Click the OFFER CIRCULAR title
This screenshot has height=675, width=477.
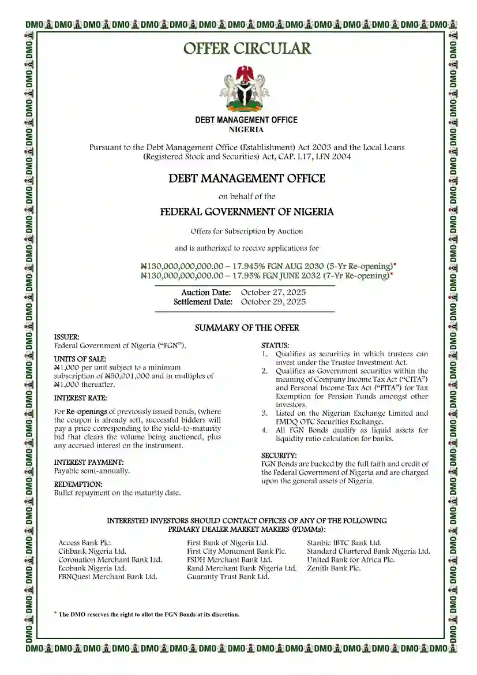247,49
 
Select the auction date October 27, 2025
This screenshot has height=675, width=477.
273,293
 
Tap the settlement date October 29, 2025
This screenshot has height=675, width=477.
273,302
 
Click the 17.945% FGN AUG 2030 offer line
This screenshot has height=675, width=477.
268,266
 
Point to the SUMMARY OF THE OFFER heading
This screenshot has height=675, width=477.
247,328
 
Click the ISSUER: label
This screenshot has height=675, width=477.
67,337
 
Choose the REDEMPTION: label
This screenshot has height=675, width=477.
78,484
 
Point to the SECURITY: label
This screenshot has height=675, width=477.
279,456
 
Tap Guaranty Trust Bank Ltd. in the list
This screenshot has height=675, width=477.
228,576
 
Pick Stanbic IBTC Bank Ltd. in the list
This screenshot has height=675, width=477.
344,543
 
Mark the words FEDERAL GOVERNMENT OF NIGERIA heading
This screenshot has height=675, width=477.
247,212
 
